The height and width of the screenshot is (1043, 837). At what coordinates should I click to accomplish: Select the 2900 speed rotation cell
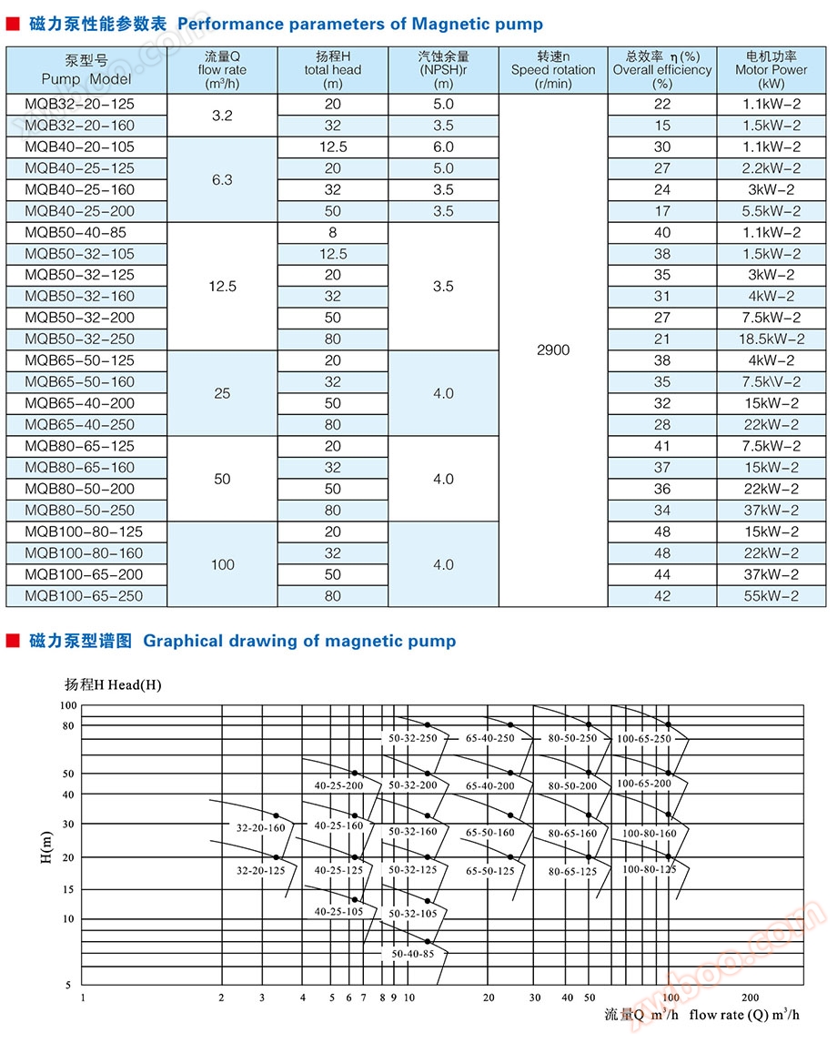(553, 350)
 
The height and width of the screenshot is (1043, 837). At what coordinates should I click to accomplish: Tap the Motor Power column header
(771, 70)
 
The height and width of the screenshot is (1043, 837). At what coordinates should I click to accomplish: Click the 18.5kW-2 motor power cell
(771, 339)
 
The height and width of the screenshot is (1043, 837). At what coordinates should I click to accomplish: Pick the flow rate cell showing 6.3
(222, 180)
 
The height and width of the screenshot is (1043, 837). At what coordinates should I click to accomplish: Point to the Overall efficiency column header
(661, 70)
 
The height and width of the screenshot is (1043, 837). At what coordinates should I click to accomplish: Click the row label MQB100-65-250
(84, 596)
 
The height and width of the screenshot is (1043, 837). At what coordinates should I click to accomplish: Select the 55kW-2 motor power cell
(771, 596)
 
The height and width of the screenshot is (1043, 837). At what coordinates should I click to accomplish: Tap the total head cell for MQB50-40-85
(333, 233)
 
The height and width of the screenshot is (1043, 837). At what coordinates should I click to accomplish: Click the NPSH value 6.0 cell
(443, 147)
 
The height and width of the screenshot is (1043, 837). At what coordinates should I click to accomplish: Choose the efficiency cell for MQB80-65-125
(661, 446)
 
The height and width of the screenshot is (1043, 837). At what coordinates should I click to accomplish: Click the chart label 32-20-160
(261, 829)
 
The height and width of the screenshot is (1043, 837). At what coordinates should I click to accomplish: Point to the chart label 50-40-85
(412, 953)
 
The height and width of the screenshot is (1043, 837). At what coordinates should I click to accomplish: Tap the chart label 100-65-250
(643, 739)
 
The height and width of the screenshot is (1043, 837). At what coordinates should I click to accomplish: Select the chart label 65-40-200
(490, 785)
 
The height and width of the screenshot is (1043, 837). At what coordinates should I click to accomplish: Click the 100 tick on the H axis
(68, 706)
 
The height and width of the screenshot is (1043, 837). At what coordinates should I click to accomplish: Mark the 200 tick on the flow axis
(751, 997)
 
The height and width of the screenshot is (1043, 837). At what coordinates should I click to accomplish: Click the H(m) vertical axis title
(46, 846)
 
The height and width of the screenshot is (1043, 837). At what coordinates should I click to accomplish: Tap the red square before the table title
(13, 25)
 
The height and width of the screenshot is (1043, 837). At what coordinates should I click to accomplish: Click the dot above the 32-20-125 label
(277, 857)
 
